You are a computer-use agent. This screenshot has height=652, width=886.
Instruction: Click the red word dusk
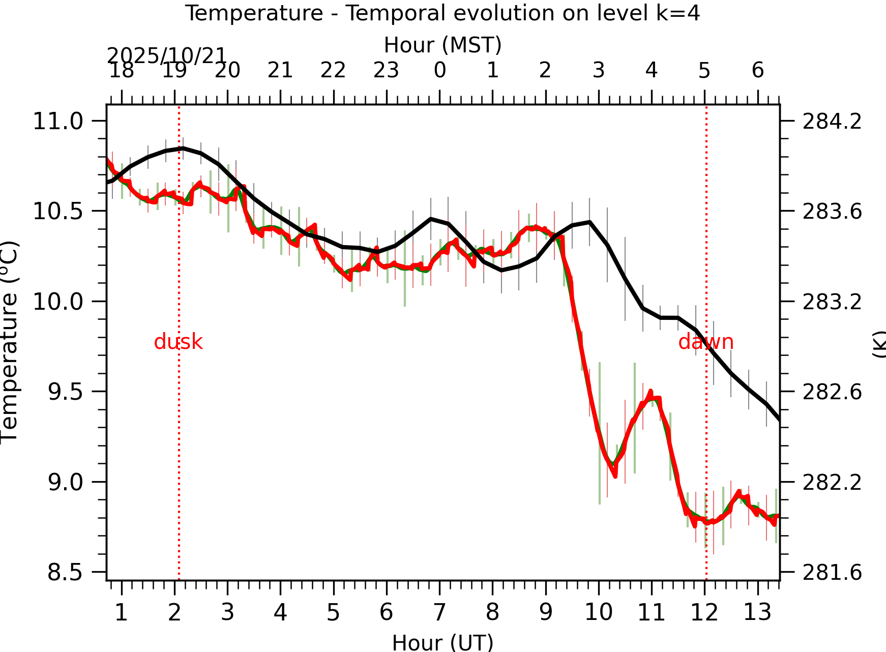(178, 342)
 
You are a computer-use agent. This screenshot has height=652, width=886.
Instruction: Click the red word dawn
(705, 342)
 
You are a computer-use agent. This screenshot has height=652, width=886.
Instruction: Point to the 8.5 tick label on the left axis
(65, 573)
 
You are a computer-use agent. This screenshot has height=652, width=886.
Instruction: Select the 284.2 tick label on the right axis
(832, 122)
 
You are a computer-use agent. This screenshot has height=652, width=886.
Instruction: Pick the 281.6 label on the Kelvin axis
(832, 573)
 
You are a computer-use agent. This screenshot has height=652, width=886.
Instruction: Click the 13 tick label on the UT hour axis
(757, 612)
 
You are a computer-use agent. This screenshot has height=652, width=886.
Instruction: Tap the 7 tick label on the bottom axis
(439, 612)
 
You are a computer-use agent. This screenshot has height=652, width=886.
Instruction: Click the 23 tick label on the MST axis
(386, 70)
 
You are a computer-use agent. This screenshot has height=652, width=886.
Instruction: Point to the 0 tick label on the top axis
(439, 70)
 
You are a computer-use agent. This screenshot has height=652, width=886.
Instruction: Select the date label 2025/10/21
(166, 55)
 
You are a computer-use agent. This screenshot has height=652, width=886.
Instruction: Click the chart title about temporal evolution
(442, 13)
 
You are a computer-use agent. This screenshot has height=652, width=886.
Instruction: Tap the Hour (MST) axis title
(442, 45)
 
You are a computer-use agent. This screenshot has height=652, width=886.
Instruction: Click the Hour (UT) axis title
(442, 642)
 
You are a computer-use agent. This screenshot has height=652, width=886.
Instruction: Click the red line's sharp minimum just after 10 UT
(615, 476)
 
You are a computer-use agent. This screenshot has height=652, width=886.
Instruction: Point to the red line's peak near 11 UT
(651, 392)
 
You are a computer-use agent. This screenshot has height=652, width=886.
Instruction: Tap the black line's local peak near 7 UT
(431, 219)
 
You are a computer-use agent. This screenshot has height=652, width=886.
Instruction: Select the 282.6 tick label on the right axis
(832, 392)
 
